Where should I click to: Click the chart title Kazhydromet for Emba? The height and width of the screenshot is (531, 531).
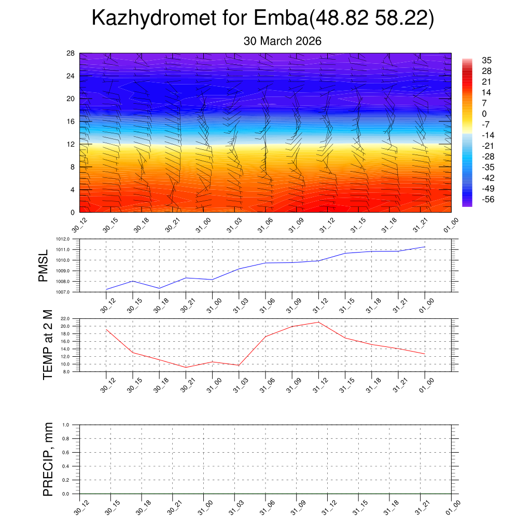(262, 19)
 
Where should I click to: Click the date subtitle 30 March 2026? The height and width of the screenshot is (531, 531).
(283, 41)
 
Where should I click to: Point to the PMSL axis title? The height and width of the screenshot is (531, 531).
(43, 265)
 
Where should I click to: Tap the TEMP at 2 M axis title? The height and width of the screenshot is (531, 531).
(48, 345)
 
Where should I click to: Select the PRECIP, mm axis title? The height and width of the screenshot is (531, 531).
(48, 459)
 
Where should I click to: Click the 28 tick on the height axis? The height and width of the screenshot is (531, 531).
(71, 53)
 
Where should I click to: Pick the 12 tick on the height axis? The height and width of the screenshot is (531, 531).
(71, 144)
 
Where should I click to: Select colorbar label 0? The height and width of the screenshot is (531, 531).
(484, 114)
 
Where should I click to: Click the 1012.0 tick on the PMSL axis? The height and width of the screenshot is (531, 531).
(71, 239)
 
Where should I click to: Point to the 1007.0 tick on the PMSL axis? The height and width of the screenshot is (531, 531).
(71, 292)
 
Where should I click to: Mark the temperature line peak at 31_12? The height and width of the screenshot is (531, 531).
(318, 322)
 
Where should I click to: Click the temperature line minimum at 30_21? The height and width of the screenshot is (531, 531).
(186, 367)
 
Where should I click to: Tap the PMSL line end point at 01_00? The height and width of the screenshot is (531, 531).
(425, 247)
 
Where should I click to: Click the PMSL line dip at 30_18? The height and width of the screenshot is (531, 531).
(159, 288)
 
